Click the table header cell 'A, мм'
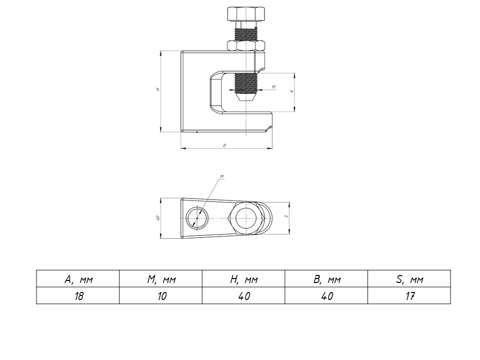pyautogui.click(x=78, y=279)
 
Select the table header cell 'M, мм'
pyautogui.click(x=161, y=279)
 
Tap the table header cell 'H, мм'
pyautogui.click(x=243, y=279)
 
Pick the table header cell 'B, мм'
pyautogui.click(x=326, y=279)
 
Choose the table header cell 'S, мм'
pyautogui.click(x=409, y=279)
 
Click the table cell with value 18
pyautogui.click(x=78, y=296)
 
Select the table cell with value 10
pyautogui.click(x=161, y=296)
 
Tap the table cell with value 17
pyautogui.click(x=409, y=296)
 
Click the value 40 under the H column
pyautogui.click(x=243, y=296)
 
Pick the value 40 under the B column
pyautogui.click(x=326, y=296)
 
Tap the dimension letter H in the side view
pyautogui.click(x=157, y=90)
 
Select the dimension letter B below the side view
pyautogui.click(x=224, y=145)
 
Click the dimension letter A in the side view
pyautogui.click(x=291, y=92)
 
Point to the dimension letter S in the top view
pyautogui.click(x=285, y=216)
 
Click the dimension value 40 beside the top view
pyautogui.click(x=157, y=218)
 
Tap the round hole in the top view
pyautogui.click(x=197, y=218)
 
